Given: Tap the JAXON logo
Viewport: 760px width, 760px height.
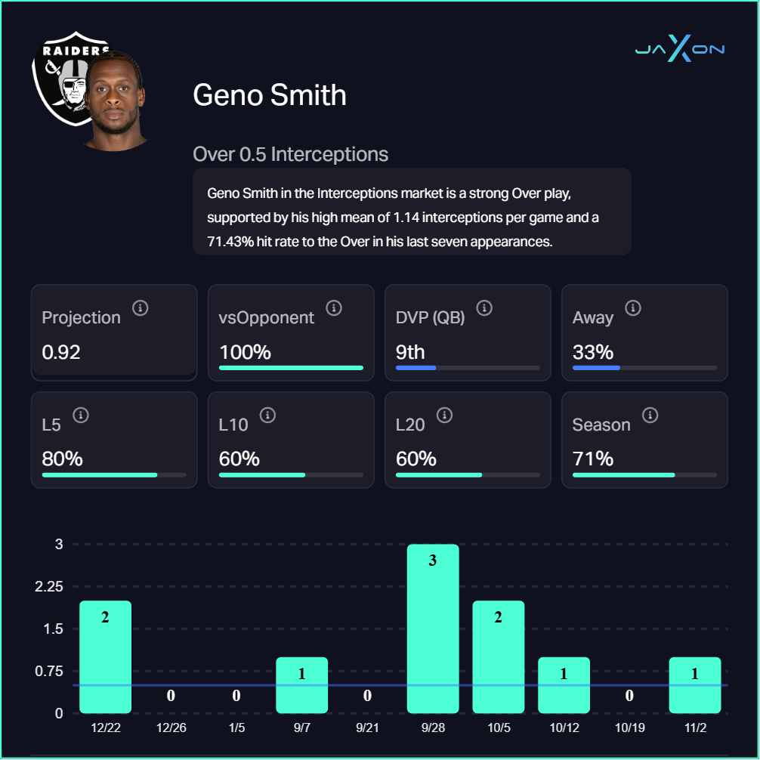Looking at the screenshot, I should coord(679,50).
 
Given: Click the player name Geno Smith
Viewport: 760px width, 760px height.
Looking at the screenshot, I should coord(270,95).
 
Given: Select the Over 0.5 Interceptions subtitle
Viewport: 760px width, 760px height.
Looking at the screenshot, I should coord(290,155).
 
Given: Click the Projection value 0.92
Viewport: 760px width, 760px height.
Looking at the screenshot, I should coord(61,352).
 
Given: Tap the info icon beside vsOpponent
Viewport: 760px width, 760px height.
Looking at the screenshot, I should coord(334,308).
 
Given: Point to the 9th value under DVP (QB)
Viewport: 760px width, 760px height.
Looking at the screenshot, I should coord(410,352).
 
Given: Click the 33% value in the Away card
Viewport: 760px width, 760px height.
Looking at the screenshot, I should coord(592,352).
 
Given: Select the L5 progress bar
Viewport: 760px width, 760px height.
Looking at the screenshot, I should coord(114,475).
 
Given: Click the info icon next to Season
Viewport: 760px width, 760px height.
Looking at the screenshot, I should coord(650,416).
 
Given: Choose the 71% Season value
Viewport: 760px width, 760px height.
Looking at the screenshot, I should coord(592,459).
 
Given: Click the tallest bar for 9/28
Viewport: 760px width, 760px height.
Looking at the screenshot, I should coord(433,629).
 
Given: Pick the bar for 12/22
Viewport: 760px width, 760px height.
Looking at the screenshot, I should coord(105,657).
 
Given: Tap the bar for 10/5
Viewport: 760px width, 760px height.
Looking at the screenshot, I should coord(498,657).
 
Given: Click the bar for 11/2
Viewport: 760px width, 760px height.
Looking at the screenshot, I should coord(695,685).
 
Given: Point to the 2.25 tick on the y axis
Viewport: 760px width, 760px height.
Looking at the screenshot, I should coord(50,587).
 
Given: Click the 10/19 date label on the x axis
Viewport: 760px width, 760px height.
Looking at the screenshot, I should coord(629,728).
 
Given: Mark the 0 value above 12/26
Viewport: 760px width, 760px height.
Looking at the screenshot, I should coord(171,696).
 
